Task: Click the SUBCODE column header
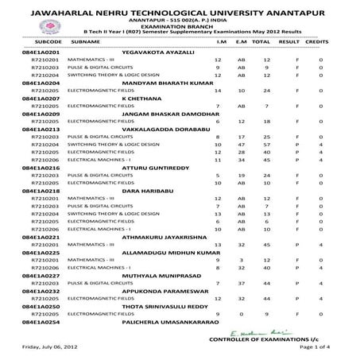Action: point(37,39)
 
